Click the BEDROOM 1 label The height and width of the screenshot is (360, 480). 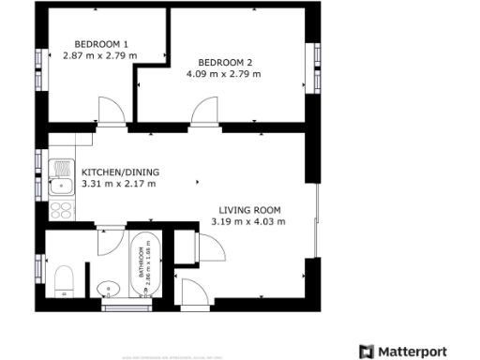coord(102,44)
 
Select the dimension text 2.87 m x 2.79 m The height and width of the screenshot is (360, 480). coord(102,56)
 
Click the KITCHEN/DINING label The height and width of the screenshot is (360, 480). coord(121,172)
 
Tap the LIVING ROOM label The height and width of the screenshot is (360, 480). coord(250,210)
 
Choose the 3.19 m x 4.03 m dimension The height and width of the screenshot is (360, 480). coord(250,222)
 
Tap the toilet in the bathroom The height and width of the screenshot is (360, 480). coord(65,280)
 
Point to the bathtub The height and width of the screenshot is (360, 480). coord(150,262)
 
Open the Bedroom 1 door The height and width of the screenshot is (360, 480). coord(110,110)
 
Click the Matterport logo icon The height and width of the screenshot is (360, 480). coord(367,352)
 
